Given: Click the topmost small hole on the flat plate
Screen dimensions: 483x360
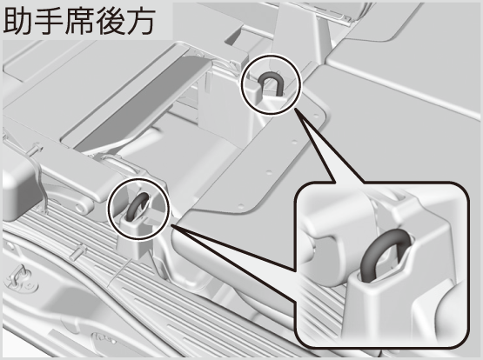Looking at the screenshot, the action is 316,116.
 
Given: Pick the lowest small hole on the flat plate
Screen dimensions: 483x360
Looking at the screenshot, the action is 241,205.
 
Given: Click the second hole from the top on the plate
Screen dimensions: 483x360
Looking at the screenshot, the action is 294,143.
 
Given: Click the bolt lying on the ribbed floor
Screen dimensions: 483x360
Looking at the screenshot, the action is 78,250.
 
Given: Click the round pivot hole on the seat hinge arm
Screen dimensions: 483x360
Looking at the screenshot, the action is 81,210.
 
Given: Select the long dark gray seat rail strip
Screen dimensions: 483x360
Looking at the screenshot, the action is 145,102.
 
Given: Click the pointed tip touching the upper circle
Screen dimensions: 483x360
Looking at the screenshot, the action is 295,109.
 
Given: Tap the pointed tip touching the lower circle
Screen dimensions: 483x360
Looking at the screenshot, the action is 171,226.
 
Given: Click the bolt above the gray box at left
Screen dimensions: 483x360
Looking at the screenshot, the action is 37,149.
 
